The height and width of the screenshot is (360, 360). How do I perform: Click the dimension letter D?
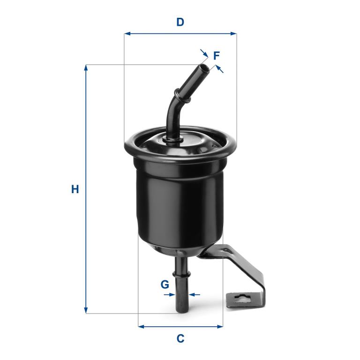(x=180, y=22)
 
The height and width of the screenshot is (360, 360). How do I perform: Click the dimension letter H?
(x=75, y=189)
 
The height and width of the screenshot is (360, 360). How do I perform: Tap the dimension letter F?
(x=216, y=56)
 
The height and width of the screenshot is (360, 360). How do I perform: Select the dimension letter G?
(x=165, y=285)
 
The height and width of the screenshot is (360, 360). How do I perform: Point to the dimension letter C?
(x=180, y=338)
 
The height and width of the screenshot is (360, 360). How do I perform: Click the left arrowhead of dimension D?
(x=127, y=34)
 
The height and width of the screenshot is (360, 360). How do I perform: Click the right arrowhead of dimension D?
(x=233, y=34)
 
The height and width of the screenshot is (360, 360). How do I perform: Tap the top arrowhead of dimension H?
(x=86, y=68)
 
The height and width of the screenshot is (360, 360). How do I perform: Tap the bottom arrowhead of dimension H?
(x=86, y=310)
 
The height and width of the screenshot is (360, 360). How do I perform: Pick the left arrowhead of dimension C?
(x=142, y=326)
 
